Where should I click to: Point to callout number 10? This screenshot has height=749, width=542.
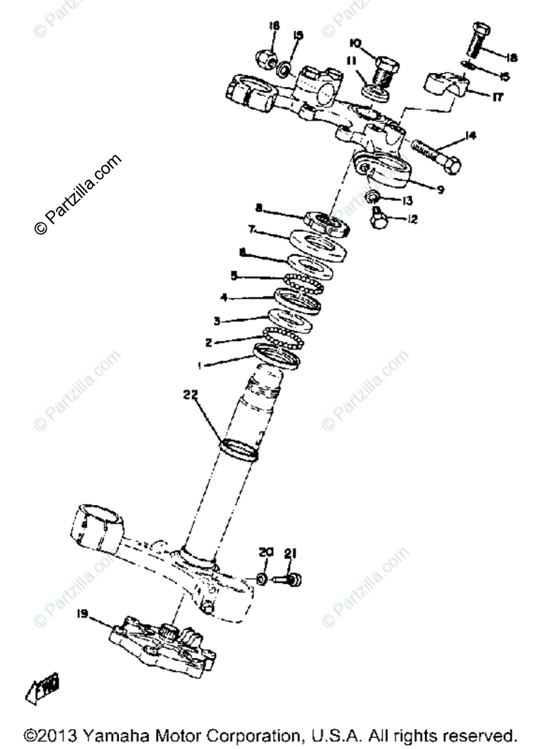pos(355,43)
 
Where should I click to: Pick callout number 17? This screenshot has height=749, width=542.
pos(497,97)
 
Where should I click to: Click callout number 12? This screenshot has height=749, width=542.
pos(412,220)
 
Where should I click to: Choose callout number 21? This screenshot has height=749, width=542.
pos(289,554)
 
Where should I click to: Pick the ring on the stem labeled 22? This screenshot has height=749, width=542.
pos(240,449)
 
